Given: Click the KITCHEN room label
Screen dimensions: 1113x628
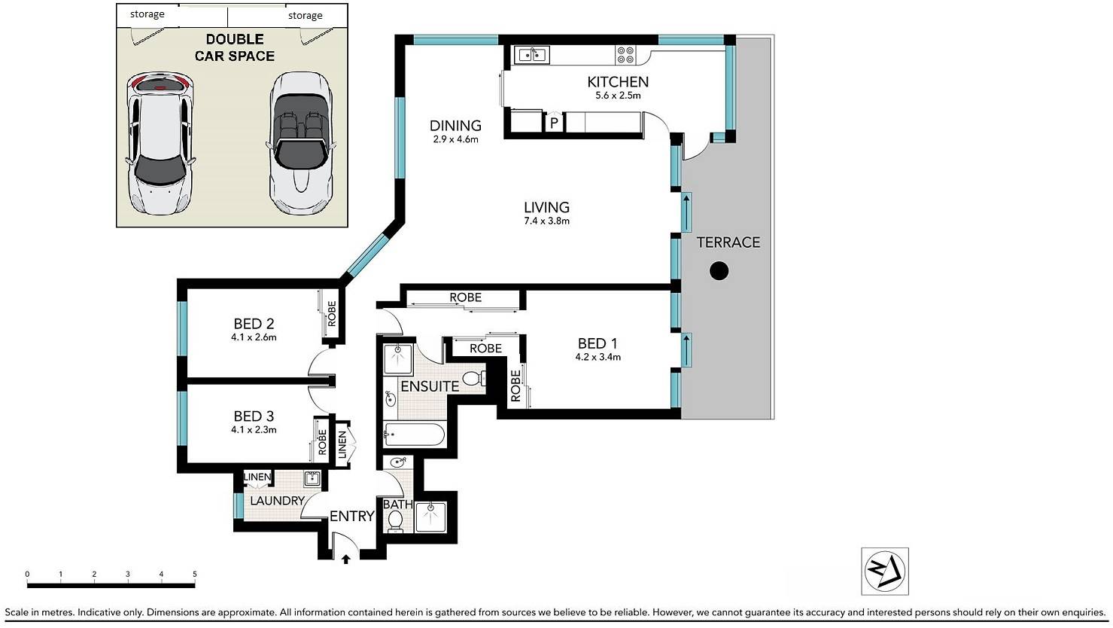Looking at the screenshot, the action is point(618,81).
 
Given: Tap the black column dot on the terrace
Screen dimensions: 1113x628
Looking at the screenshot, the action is point(719,271).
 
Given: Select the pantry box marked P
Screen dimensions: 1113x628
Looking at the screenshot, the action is point(554,122).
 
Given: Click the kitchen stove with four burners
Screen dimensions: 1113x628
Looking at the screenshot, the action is point(625,55).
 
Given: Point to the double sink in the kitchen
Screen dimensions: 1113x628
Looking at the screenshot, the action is point(531,54).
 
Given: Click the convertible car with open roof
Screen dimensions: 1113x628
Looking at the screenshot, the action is point(300,143).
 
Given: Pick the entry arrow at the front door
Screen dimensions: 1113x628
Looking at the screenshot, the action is point(346,559).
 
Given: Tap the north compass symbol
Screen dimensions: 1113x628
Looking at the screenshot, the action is point(884,572).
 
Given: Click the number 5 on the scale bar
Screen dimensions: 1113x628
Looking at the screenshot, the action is point(194,575).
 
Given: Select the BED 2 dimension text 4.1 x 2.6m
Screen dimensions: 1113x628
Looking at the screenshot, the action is point(254,337).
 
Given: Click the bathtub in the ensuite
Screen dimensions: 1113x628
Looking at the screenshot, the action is point(414,434).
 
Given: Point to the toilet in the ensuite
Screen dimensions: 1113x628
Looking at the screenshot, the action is point(473,379).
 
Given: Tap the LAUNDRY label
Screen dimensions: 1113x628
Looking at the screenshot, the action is point(277,501).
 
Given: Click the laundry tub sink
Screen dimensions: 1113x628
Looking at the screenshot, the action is point(312,479).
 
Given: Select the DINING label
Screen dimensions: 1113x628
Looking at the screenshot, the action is point(455,125).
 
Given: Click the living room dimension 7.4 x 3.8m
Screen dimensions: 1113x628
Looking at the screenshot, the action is point(546,221).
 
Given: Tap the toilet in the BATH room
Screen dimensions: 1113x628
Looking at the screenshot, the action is point(395,521).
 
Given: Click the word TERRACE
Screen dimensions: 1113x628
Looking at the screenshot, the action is point(728,242).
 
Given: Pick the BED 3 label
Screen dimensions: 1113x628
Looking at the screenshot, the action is point(254,416).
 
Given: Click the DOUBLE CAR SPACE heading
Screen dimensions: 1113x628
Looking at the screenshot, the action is point(235,47).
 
